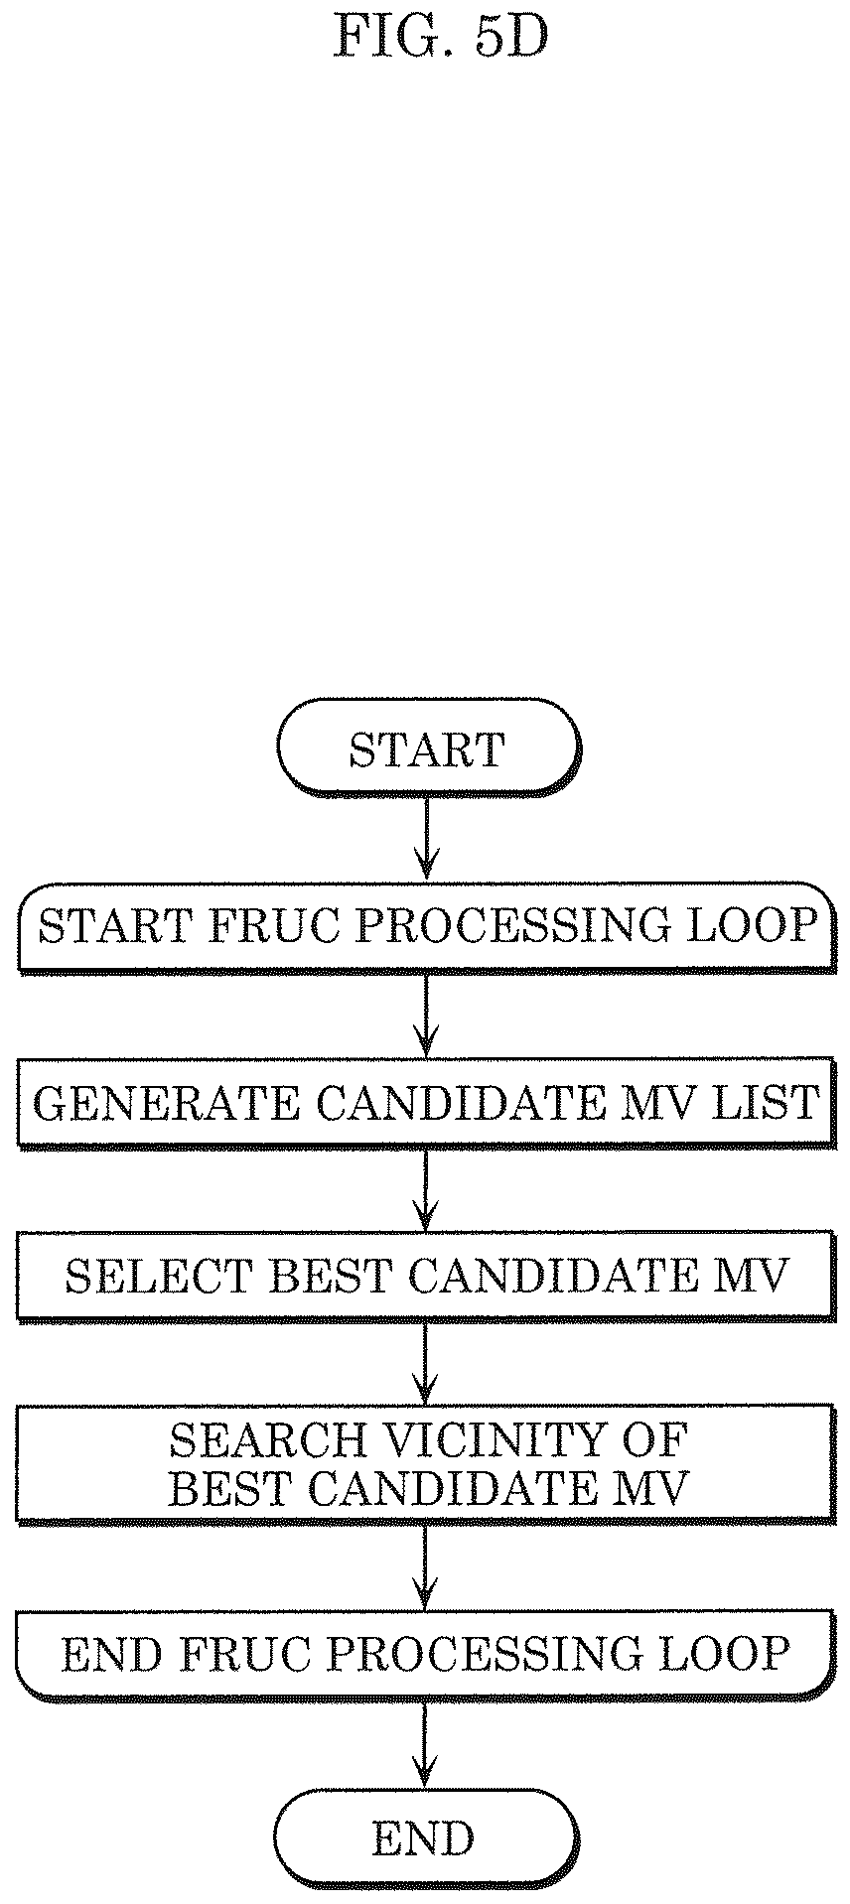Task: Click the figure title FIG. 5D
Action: [440, 39]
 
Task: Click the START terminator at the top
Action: [427, 748]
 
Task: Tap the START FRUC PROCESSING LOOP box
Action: [425, 926]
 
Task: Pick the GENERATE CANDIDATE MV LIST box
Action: [425, 1102]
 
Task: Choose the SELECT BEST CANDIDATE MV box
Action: [425, 1276]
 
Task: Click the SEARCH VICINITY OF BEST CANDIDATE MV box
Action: [425, 1462]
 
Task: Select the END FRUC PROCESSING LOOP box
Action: [425, 1653]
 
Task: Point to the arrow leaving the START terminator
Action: [426, 838]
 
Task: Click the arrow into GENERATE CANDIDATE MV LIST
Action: [426, 1015]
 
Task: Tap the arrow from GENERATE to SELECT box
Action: [426, 1189]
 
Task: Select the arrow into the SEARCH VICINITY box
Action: [426, 1363]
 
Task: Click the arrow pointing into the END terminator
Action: [426, 1745]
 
